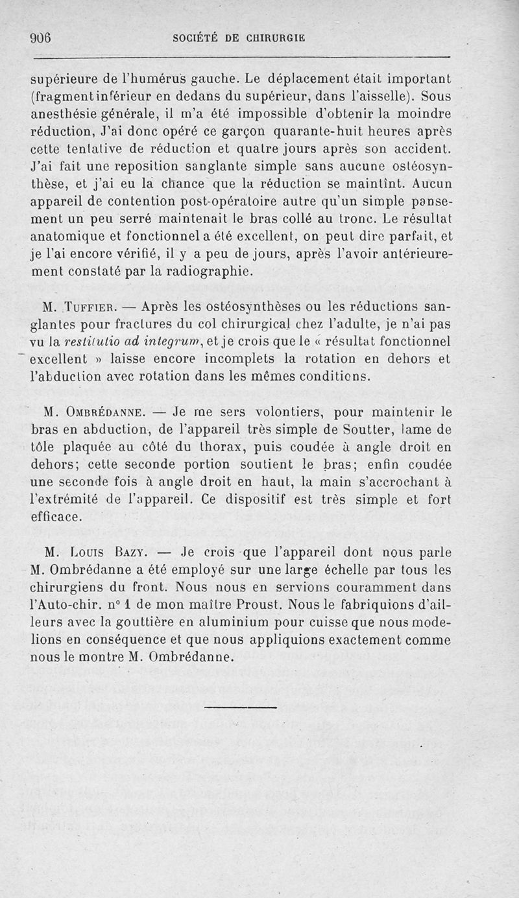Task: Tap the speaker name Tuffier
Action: coord(93,306)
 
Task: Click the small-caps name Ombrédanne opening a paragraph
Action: coord(103,412)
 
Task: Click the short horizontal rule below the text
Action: coord(240,707)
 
